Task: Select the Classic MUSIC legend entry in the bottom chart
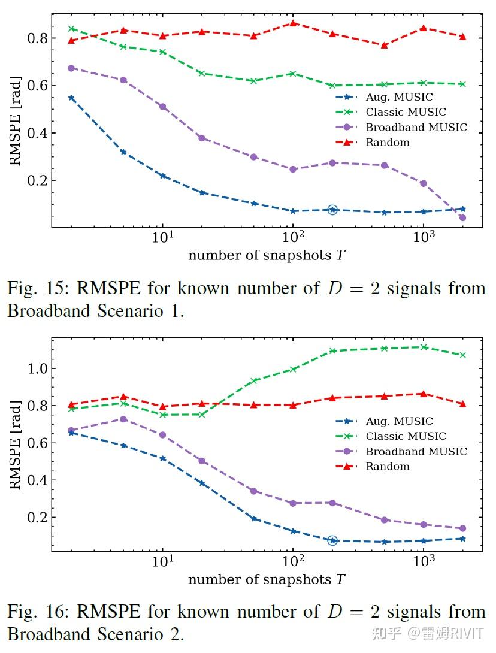[x=406, y=436]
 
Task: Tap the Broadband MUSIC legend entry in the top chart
[x=416, y=127]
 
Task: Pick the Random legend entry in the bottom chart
[x=387, y=467]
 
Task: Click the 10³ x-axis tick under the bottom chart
[x=424, y=563]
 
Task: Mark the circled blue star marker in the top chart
[x=332, y=210]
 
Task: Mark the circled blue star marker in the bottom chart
[x=332, y=540]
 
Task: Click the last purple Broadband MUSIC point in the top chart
[x=462, y=218]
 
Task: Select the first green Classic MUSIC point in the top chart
[x=71, y=28]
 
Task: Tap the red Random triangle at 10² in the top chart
[x=293, y=23]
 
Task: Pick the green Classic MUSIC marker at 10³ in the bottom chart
[x=424, y=347]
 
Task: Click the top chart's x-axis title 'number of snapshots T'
[x=267, y=256]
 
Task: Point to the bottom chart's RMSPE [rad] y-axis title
[x=14, y=445]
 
